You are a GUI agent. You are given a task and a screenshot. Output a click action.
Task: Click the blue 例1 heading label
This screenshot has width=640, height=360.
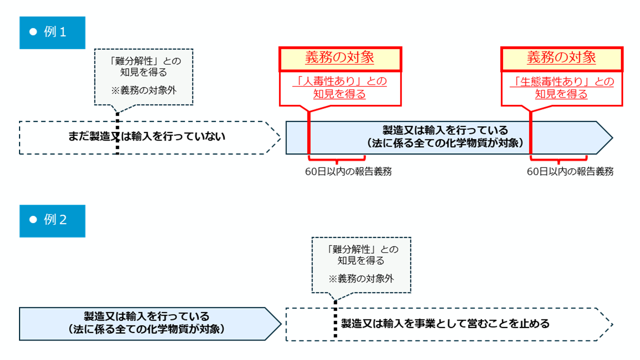[x=52, y=32]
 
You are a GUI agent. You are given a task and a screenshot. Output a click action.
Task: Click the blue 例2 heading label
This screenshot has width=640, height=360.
[x=52, y=220]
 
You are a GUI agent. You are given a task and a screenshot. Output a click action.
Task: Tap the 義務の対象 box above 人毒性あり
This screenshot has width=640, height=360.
[x=340, y=58]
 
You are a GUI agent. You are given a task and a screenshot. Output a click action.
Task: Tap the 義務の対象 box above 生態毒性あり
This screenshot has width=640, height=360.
[x=562, y=58]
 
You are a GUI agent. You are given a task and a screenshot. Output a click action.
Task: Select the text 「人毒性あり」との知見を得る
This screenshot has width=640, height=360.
[x=340, y=87]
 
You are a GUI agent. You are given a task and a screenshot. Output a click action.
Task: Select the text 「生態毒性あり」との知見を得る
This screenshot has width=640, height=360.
[x=562, y=87]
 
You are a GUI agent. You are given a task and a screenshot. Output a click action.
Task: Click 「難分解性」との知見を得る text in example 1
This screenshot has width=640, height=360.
[x=144, y=66]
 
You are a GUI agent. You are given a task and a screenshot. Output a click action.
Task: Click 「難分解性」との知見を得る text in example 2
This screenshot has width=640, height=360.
[x=361, y=254]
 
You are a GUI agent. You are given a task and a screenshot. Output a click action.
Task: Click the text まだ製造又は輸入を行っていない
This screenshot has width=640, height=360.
[x=147, y=136]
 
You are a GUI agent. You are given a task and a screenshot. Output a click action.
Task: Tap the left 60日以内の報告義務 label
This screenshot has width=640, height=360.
[x=348, y=171]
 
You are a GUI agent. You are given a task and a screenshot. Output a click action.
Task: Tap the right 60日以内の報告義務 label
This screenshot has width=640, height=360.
[x=570, y=171]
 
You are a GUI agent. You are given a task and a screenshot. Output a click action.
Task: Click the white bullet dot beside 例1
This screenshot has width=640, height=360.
[x=34, y=32]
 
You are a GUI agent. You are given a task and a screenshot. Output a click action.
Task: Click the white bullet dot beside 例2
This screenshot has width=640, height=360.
[x=34, y=220]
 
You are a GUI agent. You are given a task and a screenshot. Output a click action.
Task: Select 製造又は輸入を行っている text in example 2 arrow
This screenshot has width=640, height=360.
[x=146, y=316]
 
